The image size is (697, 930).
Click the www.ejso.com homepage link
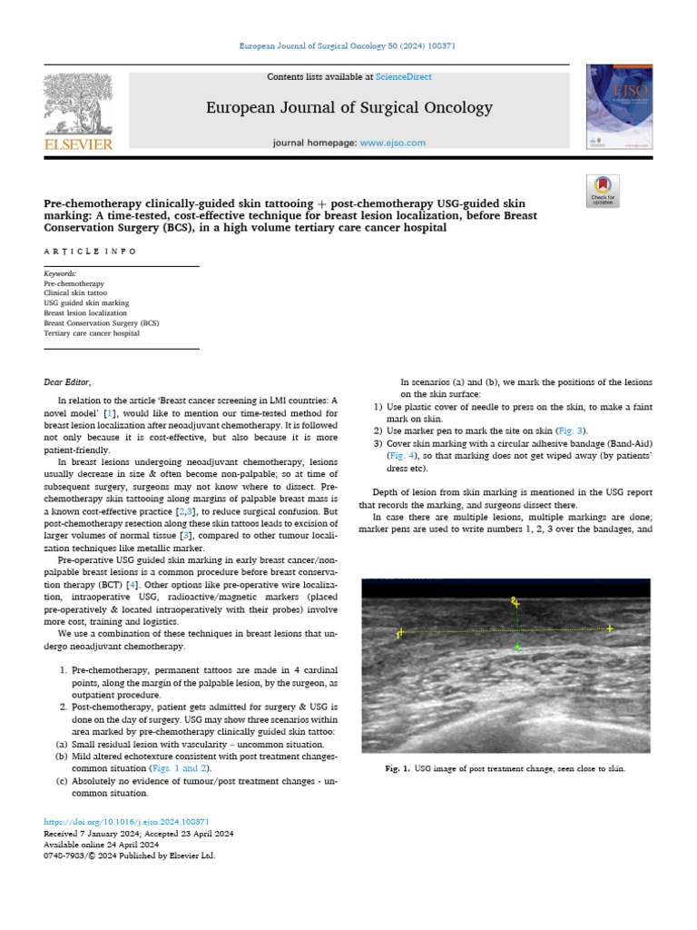click(x=392, y=143)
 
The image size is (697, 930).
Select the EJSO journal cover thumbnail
click(x=620, y=107)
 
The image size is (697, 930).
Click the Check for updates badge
click(x=603, y=189)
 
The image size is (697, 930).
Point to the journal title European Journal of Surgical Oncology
click(x=349, y=108)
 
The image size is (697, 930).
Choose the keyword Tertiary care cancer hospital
click(x=92, y=333)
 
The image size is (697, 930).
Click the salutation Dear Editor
click(x=68, y=381)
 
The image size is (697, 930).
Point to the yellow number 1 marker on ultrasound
click(x=398, y=634)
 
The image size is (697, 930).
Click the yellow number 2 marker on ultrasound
click(x=514, y=601)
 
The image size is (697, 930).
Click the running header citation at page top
click(x=348, y=45)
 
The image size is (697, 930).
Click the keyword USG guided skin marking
click(x=86, y=303)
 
